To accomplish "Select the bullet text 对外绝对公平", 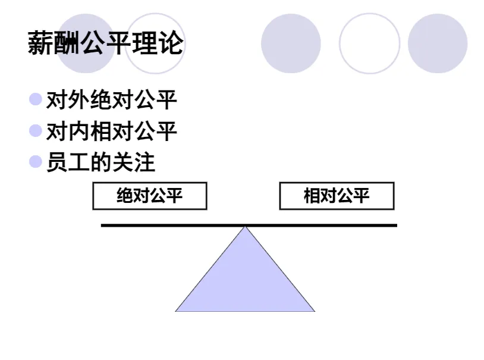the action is pyautogui.click(x=112, y=100).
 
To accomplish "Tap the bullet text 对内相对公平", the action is pyautogui.click(x=112, y=132).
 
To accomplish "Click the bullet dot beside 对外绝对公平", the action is pyautogui.click(x=36, y=99).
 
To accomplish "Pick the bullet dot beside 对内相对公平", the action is pyautogui.click(x=36, y=130).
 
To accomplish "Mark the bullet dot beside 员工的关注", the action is pyautogui.click(x=36, y=161).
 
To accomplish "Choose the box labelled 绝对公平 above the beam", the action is pyautogui.click(x=150, y=196).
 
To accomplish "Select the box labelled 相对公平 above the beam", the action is pyautogui.click(x=337, y=196).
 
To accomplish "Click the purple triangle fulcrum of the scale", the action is pyautogui.click(x=245, y=280).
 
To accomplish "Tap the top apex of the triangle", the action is pyautogui.click(x=245, y=228).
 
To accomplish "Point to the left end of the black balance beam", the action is pyautogui.click(x=103, y=226).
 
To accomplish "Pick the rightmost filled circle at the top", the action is pyautogui.click(x=438, y=43).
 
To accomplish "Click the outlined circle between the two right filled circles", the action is pyautogui.click(x=369, y=43).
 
